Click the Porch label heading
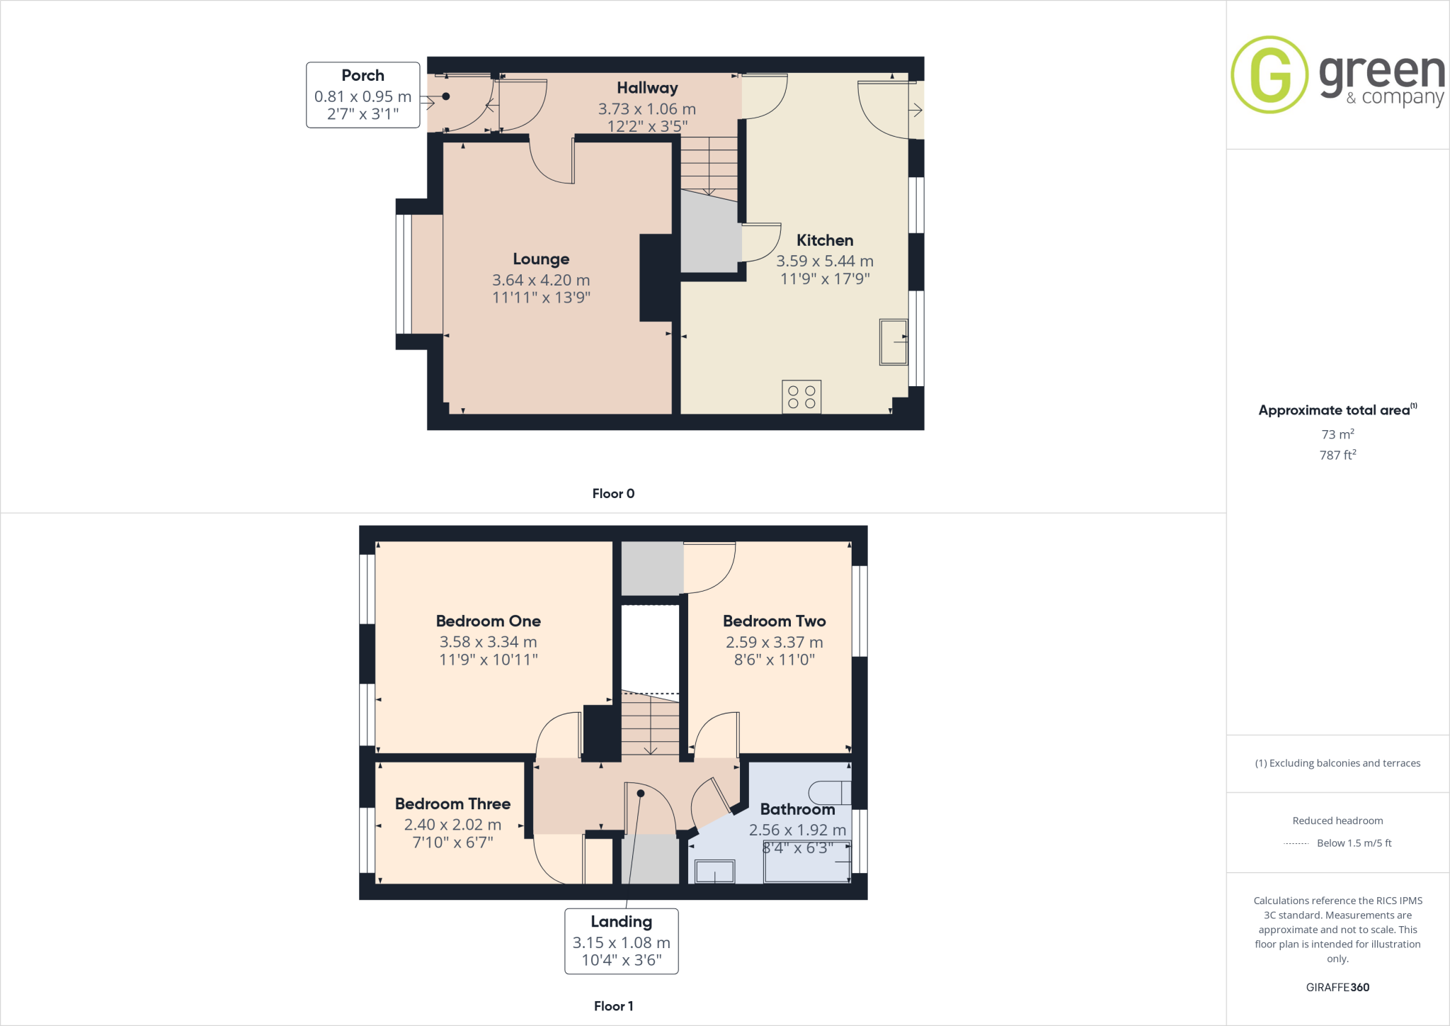(x=362, y=75)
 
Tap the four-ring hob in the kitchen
(x=801, y=397)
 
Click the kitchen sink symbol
(x=894, y=342)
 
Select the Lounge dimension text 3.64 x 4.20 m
(x=541, y=280)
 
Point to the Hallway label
(x=647, y=88)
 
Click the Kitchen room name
(x=825, y=240)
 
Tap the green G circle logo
(x=1269, y=74)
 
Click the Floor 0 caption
(x=613, y=493)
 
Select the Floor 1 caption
(x=613, y=1005)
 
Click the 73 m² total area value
(x=1337, y=434)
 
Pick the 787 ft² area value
(x=1337, y=455)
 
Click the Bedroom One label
(x=488, y=621)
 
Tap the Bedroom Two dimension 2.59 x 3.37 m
(x=774, y=642)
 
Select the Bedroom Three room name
(x=452, y=804)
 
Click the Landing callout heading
(x=621, y=921)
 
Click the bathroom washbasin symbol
(x=714, y=872)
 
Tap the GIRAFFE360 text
(x=1337, y=987)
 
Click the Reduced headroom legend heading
(x=1337, y=821)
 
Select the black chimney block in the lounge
(x=656, y=278)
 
